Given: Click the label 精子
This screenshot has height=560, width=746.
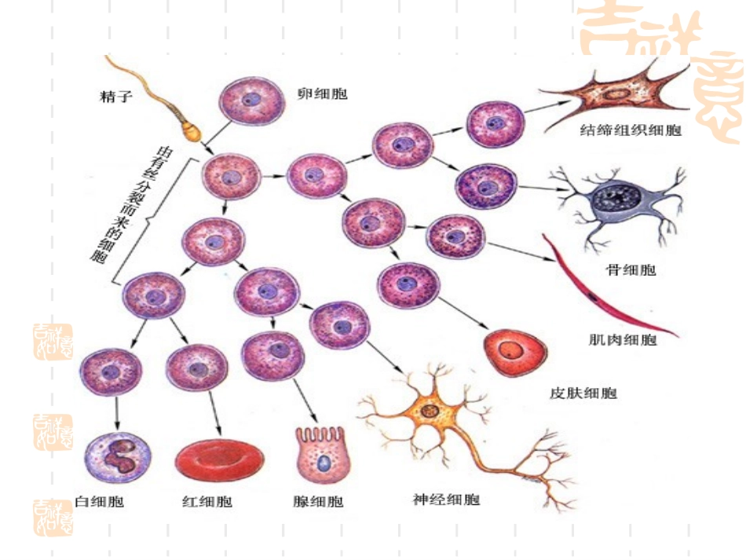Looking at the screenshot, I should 115,97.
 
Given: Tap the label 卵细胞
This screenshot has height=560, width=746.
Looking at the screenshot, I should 322,93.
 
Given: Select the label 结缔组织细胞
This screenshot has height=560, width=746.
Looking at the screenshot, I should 620,130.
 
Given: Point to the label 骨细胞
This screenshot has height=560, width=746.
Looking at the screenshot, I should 631,270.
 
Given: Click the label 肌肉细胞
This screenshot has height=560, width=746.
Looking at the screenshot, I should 623,340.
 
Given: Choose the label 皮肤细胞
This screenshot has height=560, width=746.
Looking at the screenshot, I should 583,393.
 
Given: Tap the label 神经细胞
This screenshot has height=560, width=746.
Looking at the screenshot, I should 445,499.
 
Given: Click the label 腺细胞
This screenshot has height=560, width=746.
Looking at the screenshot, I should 317,501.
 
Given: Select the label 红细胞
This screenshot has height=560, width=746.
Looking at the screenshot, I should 207,501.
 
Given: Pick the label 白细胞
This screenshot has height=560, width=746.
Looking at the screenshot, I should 99,501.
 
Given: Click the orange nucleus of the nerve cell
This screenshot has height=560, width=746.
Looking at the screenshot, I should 430,410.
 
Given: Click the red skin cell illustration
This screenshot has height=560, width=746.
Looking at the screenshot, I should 515,351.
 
